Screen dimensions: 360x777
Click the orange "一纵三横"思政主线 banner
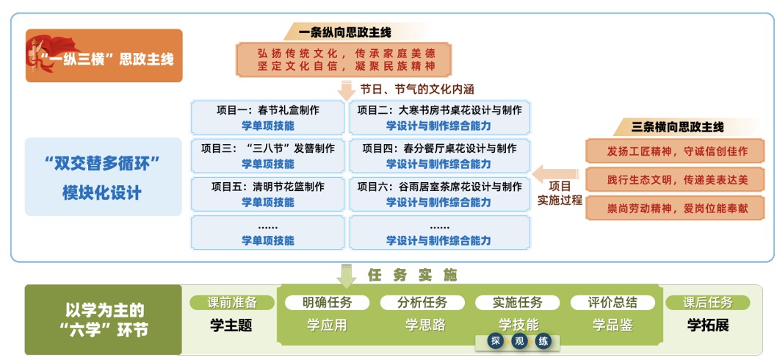[x=104, y=56]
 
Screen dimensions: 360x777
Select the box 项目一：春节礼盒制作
[x=267, y=118]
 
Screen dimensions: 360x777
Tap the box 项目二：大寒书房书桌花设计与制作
[x=439, y=118]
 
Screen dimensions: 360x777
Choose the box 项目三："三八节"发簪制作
[x=267, y=156]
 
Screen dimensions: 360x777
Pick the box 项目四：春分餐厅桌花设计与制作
[x=439, y=156]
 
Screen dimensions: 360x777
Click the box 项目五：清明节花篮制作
[x=267, y=194]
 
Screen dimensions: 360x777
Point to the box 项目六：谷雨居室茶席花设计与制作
[x=439, y=194]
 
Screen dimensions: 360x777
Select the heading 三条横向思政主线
[x=678, y=127]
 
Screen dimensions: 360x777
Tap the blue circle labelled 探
[x=496, y=341]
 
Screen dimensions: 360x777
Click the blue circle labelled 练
[x=543, y=341]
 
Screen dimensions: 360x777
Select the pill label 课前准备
[x=232, y=302]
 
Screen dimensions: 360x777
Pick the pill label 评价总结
[x=612, y=302]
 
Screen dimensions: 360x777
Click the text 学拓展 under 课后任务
[x=708, y=324]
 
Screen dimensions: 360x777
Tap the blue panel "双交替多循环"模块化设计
[x=103, y=177]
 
